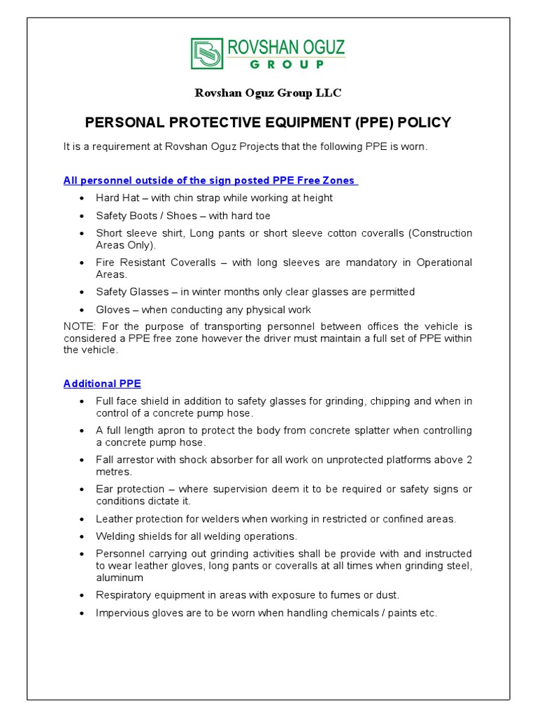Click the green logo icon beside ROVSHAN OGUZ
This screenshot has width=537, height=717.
(x=207, y=54)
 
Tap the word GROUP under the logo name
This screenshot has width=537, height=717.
(x=287, y=64)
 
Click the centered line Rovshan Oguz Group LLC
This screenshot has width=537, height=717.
(x=268, y=93)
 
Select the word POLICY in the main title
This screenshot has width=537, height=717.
(x=425, y=123)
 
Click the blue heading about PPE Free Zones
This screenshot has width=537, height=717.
(x=210, y=181)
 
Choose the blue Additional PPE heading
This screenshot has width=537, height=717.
(x=102, y=384)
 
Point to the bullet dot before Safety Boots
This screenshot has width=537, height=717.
(x=82, y=216)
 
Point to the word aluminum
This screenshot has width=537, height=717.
(x=120, y=578)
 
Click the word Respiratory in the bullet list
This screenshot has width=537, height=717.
(x=124, y=595)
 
